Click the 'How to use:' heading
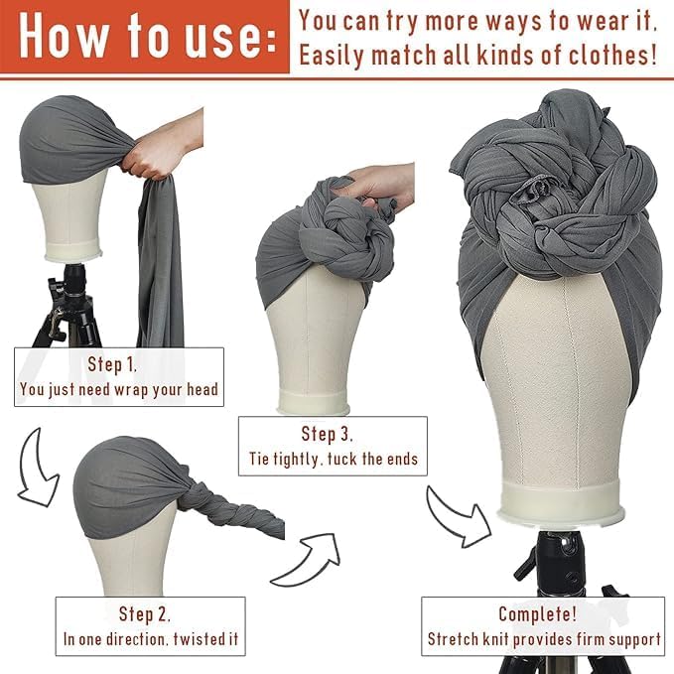click(x=144, y=37)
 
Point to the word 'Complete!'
click(x=543, y=613)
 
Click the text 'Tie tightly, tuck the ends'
click(x=333, y=460)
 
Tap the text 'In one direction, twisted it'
click(x=150, y=639)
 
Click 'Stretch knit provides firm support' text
click(x=544, y=639)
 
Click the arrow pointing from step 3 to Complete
click(x=459, y=516)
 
